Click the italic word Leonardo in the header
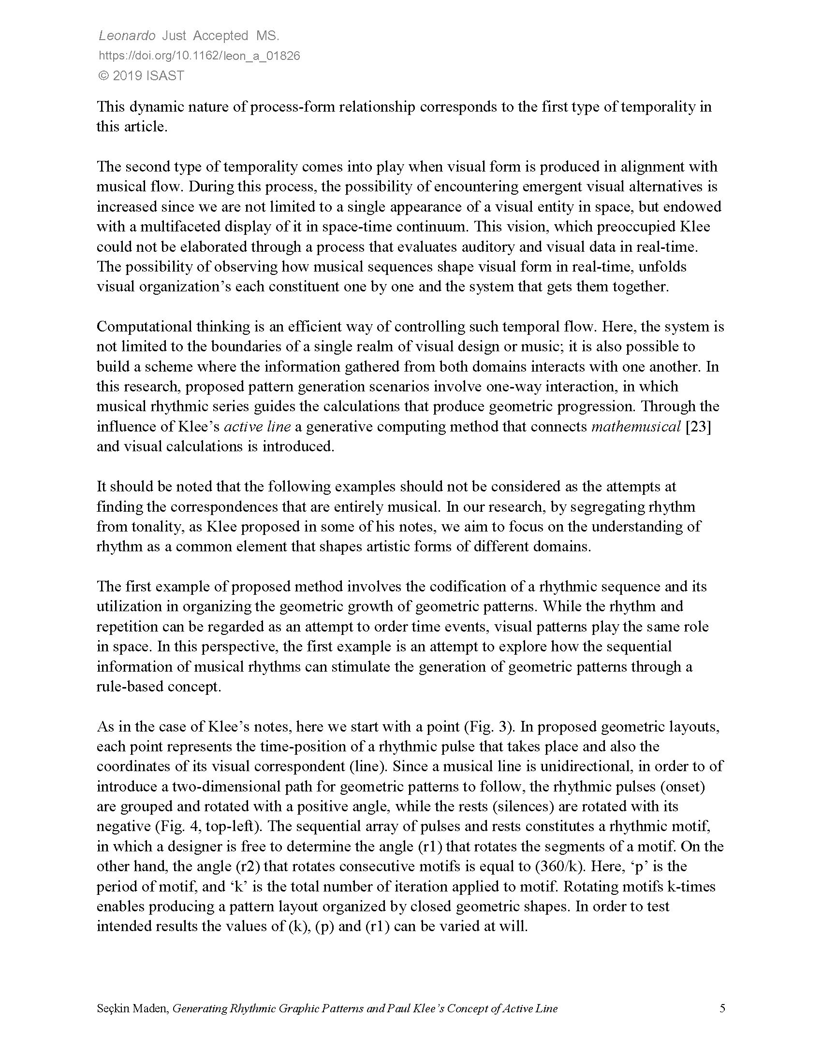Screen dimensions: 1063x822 tap(127, 36)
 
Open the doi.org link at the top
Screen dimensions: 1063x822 tap(199, 56)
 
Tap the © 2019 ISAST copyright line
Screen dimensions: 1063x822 tap(141, 76)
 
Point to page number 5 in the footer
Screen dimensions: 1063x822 tap(722, 1008)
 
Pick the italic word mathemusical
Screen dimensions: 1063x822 tap(635, 427)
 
